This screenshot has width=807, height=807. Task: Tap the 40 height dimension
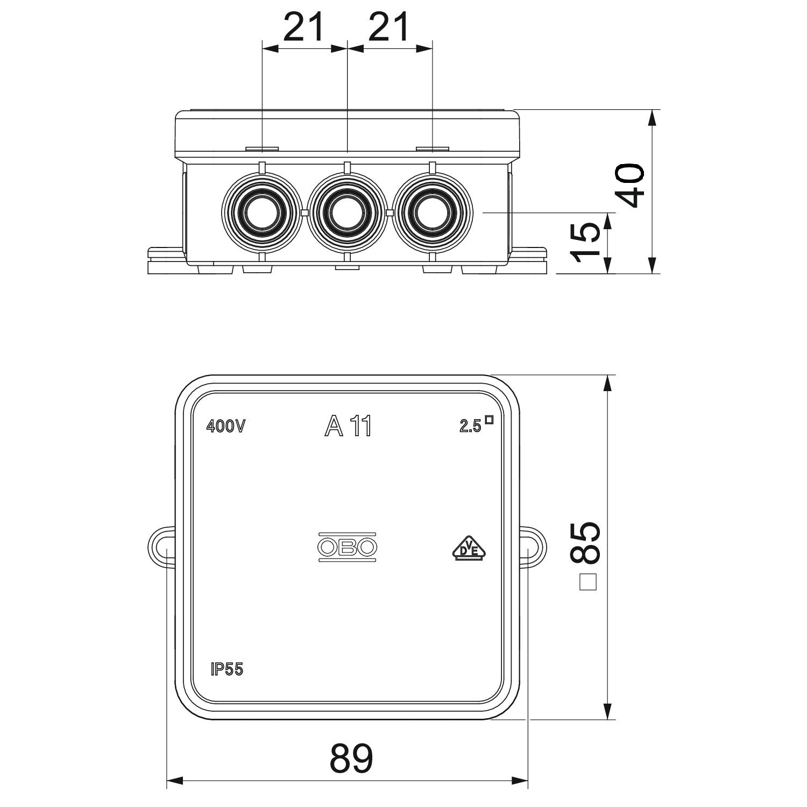click(x=629, y=186)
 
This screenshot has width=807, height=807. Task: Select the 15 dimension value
click(x=585, y=243)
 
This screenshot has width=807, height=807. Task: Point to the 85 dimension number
click(x=585, y=542)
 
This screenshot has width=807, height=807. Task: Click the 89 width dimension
click(x=351, y=759)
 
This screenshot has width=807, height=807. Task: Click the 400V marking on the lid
click(x=226, y=427)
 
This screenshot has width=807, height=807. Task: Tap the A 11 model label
click(x=348, y=427)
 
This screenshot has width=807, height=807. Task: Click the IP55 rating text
click(x=226, y=669)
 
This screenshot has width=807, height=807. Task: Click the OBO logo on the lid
click(x=347, y=548)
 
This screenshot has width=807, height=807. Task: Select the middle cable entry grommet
click(x=347, y=212)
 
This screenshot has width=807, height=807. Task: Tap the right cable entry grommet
click(x=433, y=212)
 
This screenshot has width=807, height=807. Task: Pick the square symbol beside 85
click(x=589, y=582)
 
